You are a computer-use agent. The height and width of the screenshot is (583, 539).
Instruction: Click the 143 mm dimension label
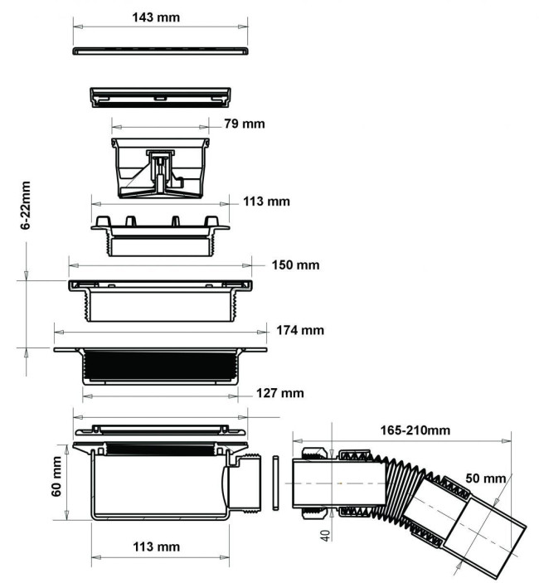pyautogui.click(x=156, y=17)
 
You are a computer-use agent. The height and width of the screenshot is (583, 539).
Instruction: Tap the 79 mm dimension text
pyautogui.click(x=245, y=124)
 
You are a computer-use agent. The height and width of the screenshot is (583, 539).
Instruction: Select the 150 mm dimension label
pyautogui.click(x=295, y=265)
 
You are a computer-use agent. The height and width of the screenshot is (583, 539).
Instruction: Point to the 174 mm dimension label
pyautogui.click(x=300, y=330)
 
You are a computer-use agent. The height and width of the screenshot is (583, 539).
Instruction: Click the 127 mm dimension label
pyautogui.click(x=280, y=393)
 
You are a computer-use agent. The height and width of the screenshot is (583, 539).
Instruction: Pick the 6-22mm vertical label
pyautogui.click(x=26, y=206)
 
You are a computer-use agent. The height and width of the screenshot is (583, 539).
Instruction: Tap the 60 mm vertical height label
pyautogui.click(x=56, y=476)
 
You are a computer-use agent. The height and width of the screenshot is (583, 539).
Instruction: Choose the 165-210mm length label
pyautogui.click(x=415, y=430)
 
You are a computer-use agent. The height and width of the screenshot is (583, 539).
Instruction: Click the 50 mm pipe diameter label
pyautogui.click(x=485, y=478)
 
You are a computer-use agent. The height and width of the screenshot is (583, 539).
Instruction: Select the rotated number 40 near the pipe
pyautogui.click(x=325, y=536)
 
